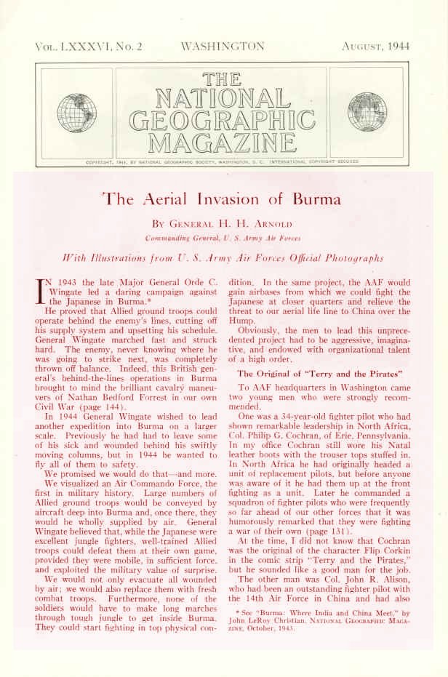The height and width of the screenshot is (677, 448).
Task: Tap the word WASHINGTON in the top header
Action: [223, 47]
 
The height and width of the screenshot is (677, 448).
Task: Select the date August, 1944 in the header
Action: [375, 47]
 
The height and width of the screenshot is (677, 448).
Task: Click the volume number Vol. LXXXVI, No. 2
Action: [88, 47]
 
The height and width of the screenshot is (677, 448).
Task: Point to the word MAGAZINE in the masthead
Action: [223, 141]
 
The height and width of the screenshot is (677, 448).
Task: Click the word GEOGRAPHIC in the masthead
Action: [223, 119]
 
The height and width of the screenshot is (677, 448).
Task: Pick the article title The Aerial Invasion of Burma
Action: [223, 199]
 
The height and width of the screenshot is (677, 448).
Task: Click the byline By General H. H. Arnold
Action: [223, 221]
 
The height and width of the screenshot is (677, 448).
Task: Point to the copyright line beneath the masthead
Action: [223, 161]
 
